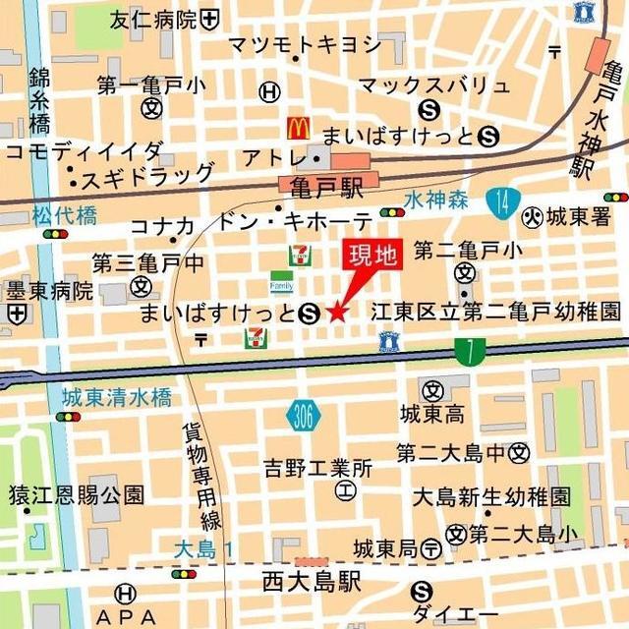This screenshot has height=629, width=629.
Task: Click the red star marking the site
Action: coord(337,313)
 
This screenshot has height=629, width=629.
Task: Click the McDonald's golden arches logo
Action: coord(298,128)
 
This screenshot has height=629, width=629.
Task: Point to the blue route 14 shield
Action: coord(502,201)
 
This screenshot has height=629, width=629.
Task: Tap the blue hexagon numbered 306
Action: coord(305,418)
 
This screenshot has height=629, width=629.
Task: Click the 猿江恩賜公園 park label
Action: coord(77,494)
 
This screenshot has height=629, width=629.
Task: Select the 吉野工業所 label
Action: coord(317,468)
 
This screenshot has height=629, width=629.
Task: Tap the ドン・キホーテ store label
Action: coord(296,220)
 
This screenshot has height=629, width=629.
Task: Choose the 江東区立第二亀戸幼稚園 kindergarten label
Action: coord(495,313)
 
